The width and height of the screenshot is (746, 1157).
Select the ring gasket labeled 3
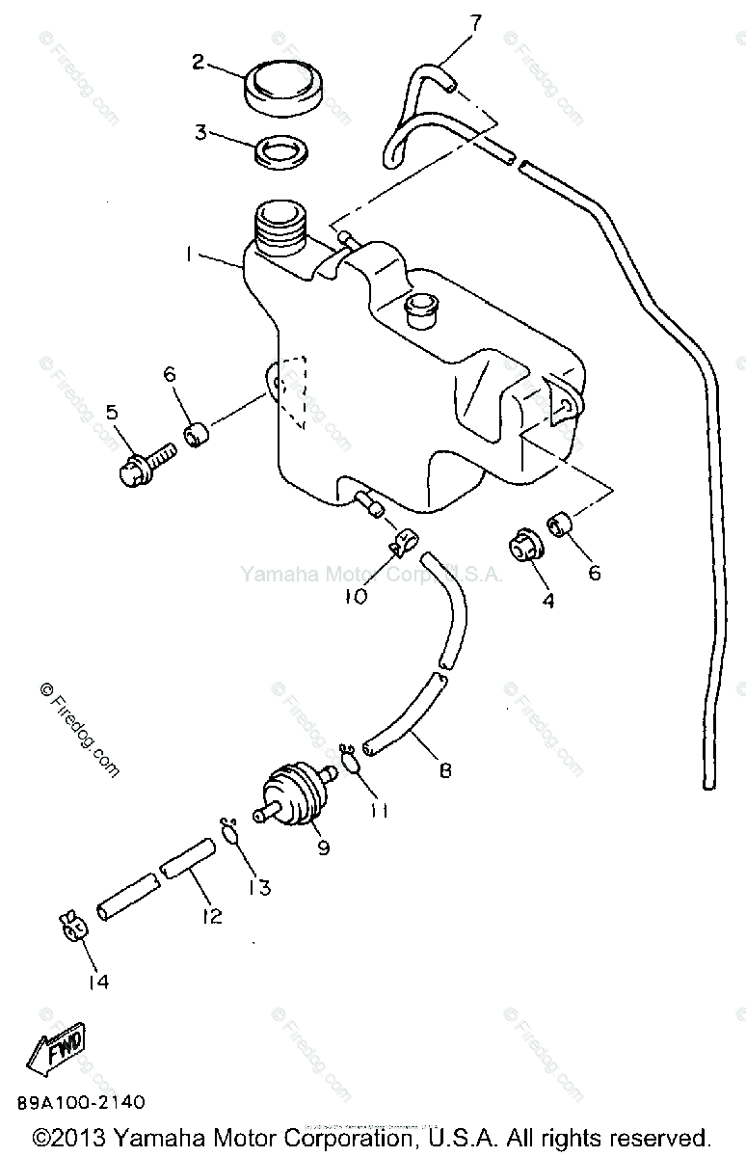tap(280, 150)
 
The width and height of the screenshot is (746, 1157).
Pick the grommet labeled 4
tap(526, 547)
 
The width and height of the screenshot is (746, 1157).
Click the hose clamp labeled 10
tap(404, 544)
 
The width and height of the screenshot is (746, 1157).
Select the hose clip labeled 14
tap(73, 926)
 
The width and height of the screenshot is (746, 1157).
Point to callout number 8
tap(445, 770)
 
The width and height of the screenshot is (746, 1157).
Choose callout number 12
tap(211, 915)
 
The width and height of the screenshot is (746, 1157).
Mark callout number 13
tap(259, 886)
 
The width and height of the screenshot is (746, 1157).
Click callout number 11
tap(379, 812)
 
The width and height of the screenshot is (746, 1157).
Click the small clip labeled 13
tap(230, 829)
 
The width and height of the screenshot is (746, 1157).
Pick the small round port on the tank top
tap(423, 305)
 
